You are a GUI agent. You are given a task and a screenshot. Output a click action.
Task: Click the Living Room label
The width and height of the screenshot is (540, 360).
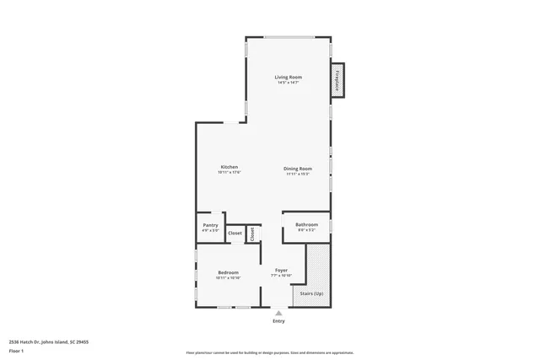click(288, 77)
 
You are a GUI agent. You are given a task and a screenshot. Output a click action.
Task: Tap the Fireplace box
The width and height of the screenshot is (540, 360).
click(337, 80)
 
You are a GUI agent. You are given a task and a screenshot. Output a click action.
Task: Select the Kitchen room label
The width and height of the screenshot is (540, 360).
click(229, 167)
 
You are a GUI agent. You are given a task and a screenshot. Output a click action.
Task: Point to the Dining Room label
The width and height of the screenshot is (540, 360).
click(298, 168)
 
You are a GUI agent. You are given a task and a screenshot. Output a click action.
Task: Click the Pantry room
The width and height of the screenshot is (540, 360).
click(211, 225)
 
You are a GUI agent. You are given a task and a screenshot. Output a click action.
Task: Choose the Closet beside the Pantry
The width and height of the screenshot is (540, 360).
click(235, 233)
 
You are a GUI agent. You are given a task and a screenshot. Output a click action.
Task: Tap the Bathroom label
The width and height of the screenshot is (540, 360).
click(306, 224)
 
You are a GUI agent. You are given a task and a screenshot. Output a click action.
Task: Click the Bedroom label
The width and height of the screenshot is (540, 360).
click(228, 272)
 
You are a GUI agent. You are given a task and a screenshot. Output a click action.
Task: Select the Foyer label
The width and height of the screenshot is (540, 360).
click(281, 270)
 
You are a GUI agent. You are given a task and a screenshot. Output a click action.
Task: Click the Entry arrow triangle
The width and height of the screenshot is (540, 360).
click(278, 313)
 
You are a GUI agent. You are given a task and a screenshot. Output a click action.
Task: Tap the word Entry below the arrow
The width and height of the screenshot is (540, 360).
click(278, 321)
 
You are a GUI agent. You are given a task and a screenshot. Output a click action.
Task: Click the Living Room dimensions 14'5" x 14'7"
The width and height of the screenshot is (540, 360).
click(289, 83)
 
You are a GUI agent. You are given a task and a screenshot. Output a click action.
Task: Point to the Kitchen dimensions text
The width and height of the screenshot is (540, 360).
click(229, 174)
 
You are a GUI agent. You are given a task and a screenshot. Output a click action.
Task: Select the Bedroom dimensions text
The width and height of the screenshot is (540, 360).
click(228, 278)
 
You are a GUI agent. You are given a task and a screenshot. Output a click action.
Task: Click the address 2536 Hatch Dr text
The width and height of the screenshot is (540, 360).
click(49, 341)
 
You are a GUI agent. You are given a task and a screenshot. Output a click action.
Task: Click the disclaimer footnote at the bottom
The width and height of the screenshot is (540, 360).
click(270, 352)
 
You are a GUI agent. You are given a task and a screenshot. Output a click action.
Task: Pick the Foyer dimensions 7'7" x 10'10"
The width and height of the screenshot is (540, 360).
click(281, 276)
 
